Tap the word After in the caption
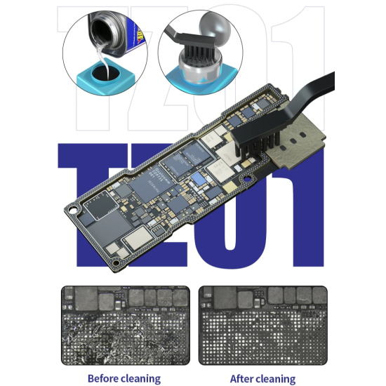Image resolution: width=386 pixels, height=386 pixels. (x=242, y=378)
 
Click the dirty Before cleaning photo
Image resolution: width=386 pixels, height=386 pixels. (x=126, y=325)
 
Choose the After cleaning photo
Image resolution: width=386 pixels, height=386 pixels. (x=263, y=325)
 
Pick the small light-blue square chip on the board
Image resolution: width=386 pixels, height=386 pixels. (x=199, y=178)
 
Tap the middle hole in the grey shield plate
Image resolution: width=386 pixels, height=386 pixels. (x=293, y=141)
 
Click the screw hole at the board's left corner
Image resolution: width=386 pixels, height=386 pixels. (x=72, y=211)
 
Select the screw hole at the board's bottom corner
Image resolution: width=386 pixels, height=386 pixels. (x=116, y=263)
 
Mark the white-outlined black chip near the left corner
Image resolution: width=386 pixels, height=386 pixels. (x=100, y=206)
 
